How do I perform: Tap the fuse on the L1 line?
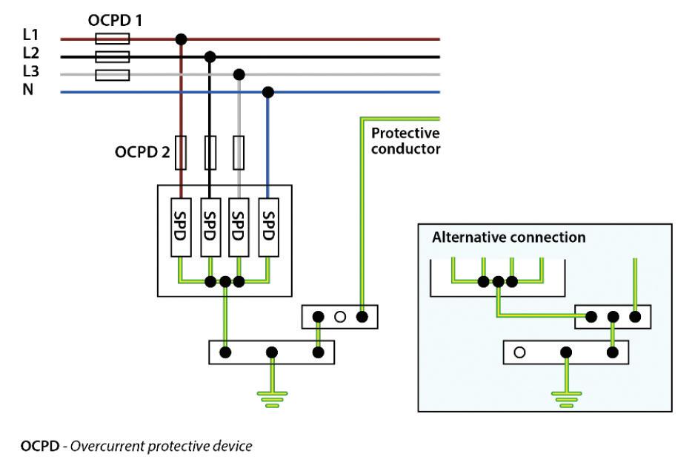coord(113,39)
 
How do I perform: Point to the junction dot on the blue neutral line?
coord(268,92)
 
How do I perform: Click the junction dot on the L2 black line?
coord(210,56)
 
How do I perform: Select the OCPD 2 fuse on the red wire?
coord(180,153)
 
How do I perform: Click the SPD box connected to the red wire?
coord(180,228)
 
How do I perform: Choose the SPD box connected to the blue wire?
coord(268,228)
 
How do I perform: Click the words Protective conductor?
coord(405,141)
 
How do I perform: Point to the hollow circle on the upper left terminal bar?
coord(340,317)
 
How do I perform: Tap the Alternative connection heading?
coord(508,238)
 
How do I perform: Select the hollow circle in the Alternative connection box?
coord(519,352)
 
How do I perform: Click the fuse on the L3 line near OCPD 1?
coord(113,74)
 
